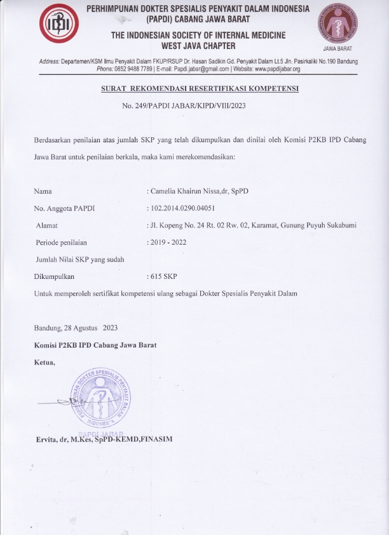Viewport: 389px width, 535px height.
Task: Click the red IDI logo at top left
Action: click(60, 25)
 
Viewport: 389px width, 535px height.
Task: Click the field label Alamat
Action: click(47, 226)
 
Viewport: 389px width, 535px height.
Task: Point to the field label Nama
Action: click(43, 190)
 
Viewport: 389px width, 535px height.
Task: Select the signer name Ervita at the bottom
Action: click(48, 439)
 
